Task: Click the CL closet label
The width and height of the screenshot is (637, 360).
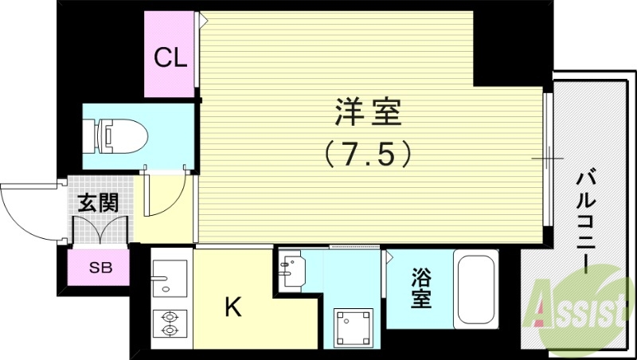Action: pos(170,57)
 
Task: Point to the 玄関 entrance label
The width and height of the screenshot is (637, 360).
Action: pos(97,202)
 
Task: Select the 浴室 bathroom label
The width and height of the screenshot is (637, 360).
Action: pos(421,288)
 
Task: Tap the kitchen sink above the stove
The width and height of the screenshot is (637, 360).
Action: pos(170,278)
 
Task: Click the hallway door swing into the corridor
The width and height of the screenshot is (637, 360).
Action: pos(165,196)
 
